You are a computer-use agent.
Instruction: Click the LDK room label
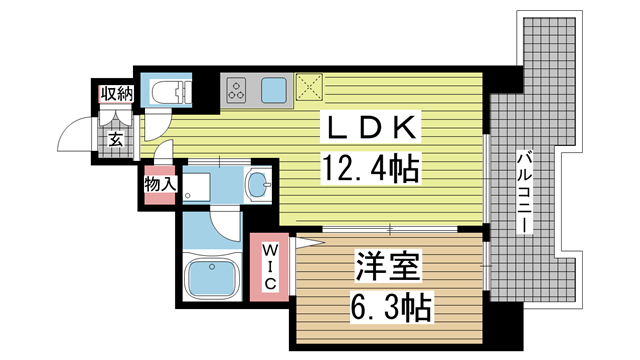pos(370,127)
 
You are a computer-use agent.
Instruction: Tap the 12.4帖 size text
pos(371,169)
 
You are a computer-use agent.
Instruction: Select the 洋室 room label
pos(388,266)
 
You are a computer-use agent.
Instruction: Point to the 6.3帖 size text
pos(391,307)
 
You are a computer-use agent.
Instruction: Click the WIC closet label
pos(269,267)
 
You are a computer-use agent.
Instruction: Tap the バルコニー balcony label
pos(524,192)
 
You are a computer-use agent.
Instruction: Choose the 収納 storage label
pos(117,94)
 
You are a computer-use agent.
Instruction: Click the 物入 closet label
pos(160,184)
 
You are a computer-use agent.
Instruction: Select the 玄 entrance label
pos(116,140)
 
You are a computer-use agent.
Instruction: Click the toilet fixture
pos(171,91)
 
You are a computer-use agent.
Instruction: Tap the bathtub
pos(211,278)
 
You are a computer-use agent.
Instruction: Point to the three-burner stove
pos(237,91)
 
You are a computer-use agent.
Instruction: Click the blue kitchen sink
pos(274,90)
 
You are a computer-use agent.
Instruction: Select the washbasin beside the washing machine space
pos(259,184)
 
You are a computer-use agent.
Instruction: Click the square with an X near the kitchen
pos(309,87)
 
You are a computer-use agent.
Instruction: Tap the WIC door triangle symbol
pos(308,242)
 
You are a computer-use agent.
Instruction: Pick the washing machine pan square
pos(196,187)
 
